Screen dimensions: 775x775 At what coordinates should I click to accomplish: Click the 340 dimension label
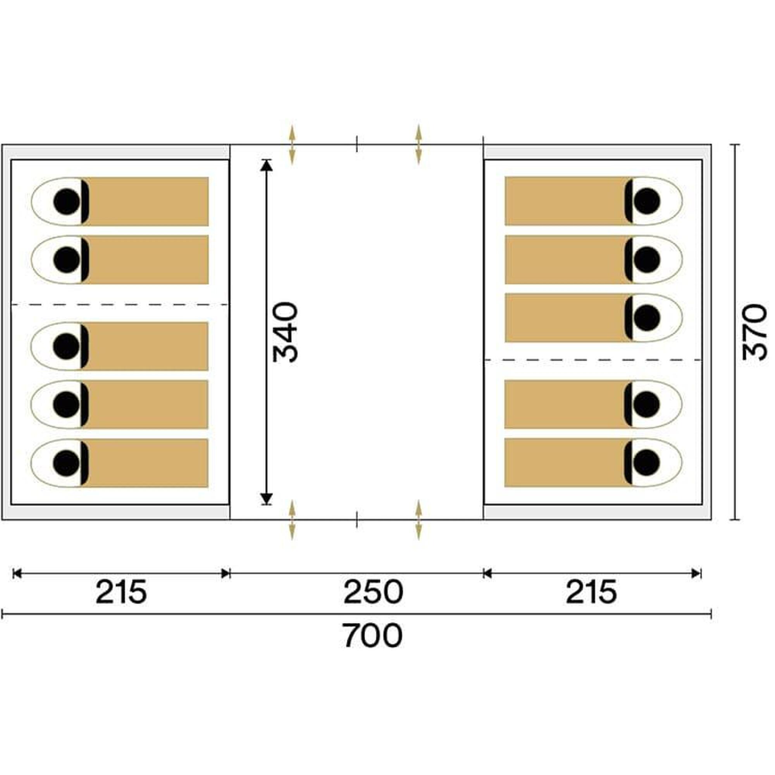tap(286, 332)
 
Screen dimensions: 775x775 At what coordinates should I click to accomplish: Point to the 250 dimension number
tap(374, 592)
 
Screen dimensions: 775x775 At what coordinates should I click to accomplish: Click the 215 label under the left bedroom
tap(122, 592)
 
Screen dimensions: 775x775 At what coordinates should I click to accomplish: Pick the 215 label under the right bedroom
tap(591, 592)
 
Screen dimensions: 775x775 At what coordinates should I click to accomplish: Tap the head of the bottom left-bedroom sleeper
tap(66, 463)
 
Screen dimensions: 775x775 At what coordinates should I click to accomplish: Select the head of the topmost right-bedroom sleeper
tap(647, 201)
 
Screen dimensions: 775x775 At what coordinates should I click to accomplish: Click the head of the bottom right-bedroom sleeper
tap(647, 462)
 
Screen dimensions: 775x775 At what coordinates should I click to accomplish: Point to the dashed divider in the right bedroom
tap(593, 360)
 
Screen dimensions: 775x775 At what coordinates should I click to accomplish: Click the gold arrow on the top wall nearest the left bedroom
tap(292, 145)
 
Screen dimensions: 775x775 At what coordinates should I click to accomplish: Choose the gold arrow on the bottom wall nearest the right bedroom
tap(419, 520)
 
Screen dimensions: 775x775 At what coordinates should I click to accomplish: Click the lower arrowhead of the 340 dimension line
tap(266, 499)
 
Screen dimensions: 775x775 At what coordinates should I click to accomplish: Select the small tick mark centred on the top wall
tap(356, 145)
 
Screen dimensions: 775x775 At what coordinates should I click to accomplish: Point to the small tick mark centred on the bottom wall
tap(356, 520)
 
